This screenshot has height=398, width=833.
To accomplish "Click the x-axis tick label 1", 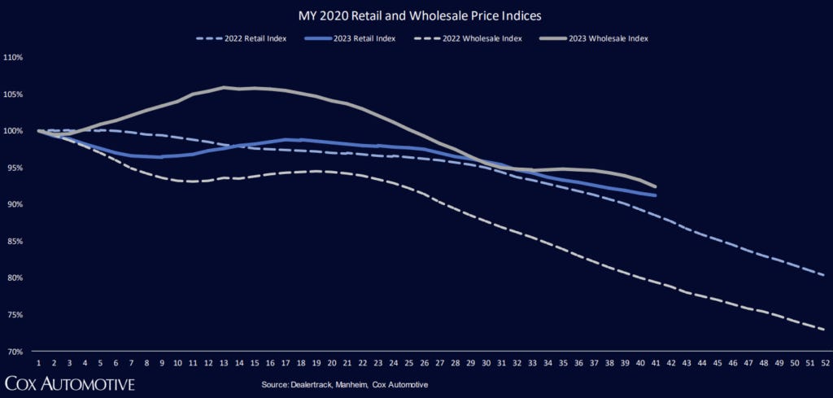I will [38, 363].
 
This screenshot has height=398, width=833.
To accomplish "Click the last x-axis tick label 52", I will [825, 363].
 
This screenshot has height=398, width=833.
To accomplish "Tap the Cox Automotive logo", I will [69, 383].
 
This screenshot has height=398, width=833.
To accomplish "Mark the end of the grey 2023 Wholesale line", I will [656, 186].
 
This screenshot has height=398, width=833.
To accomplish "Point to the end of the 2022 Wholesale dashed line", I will [825, 330].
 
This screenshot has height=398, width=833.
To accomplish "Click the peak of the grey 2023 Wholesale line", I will [224, 87].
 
